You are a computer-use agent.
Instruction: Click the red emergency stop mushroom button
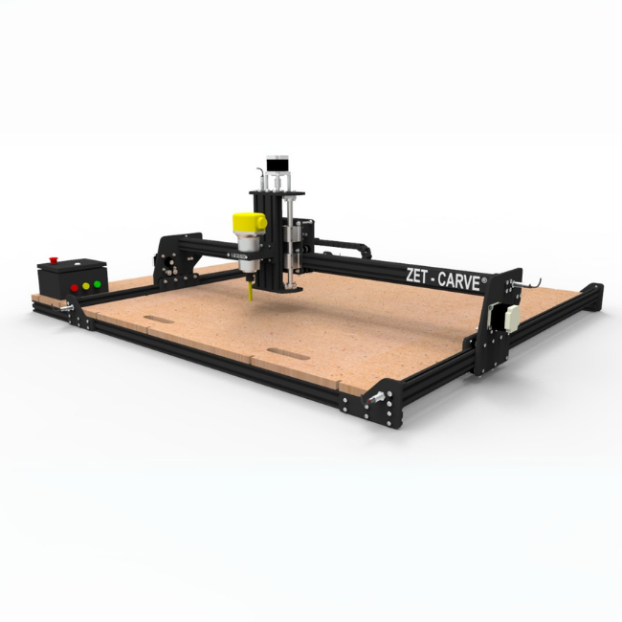[x=54, y=260]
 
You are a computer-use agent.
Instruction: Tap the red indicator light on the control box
[x=75, y=288]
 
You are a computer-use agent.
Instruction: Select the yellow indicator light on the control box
[x=86, y=286]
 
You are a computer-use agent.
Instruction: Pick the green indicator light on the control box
[x=98, y=284]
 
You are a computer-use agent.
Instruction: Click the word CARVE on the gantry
[x=459, y=281]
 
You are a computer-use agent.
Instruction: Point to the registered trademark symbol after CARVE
[x=484, y=279]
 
